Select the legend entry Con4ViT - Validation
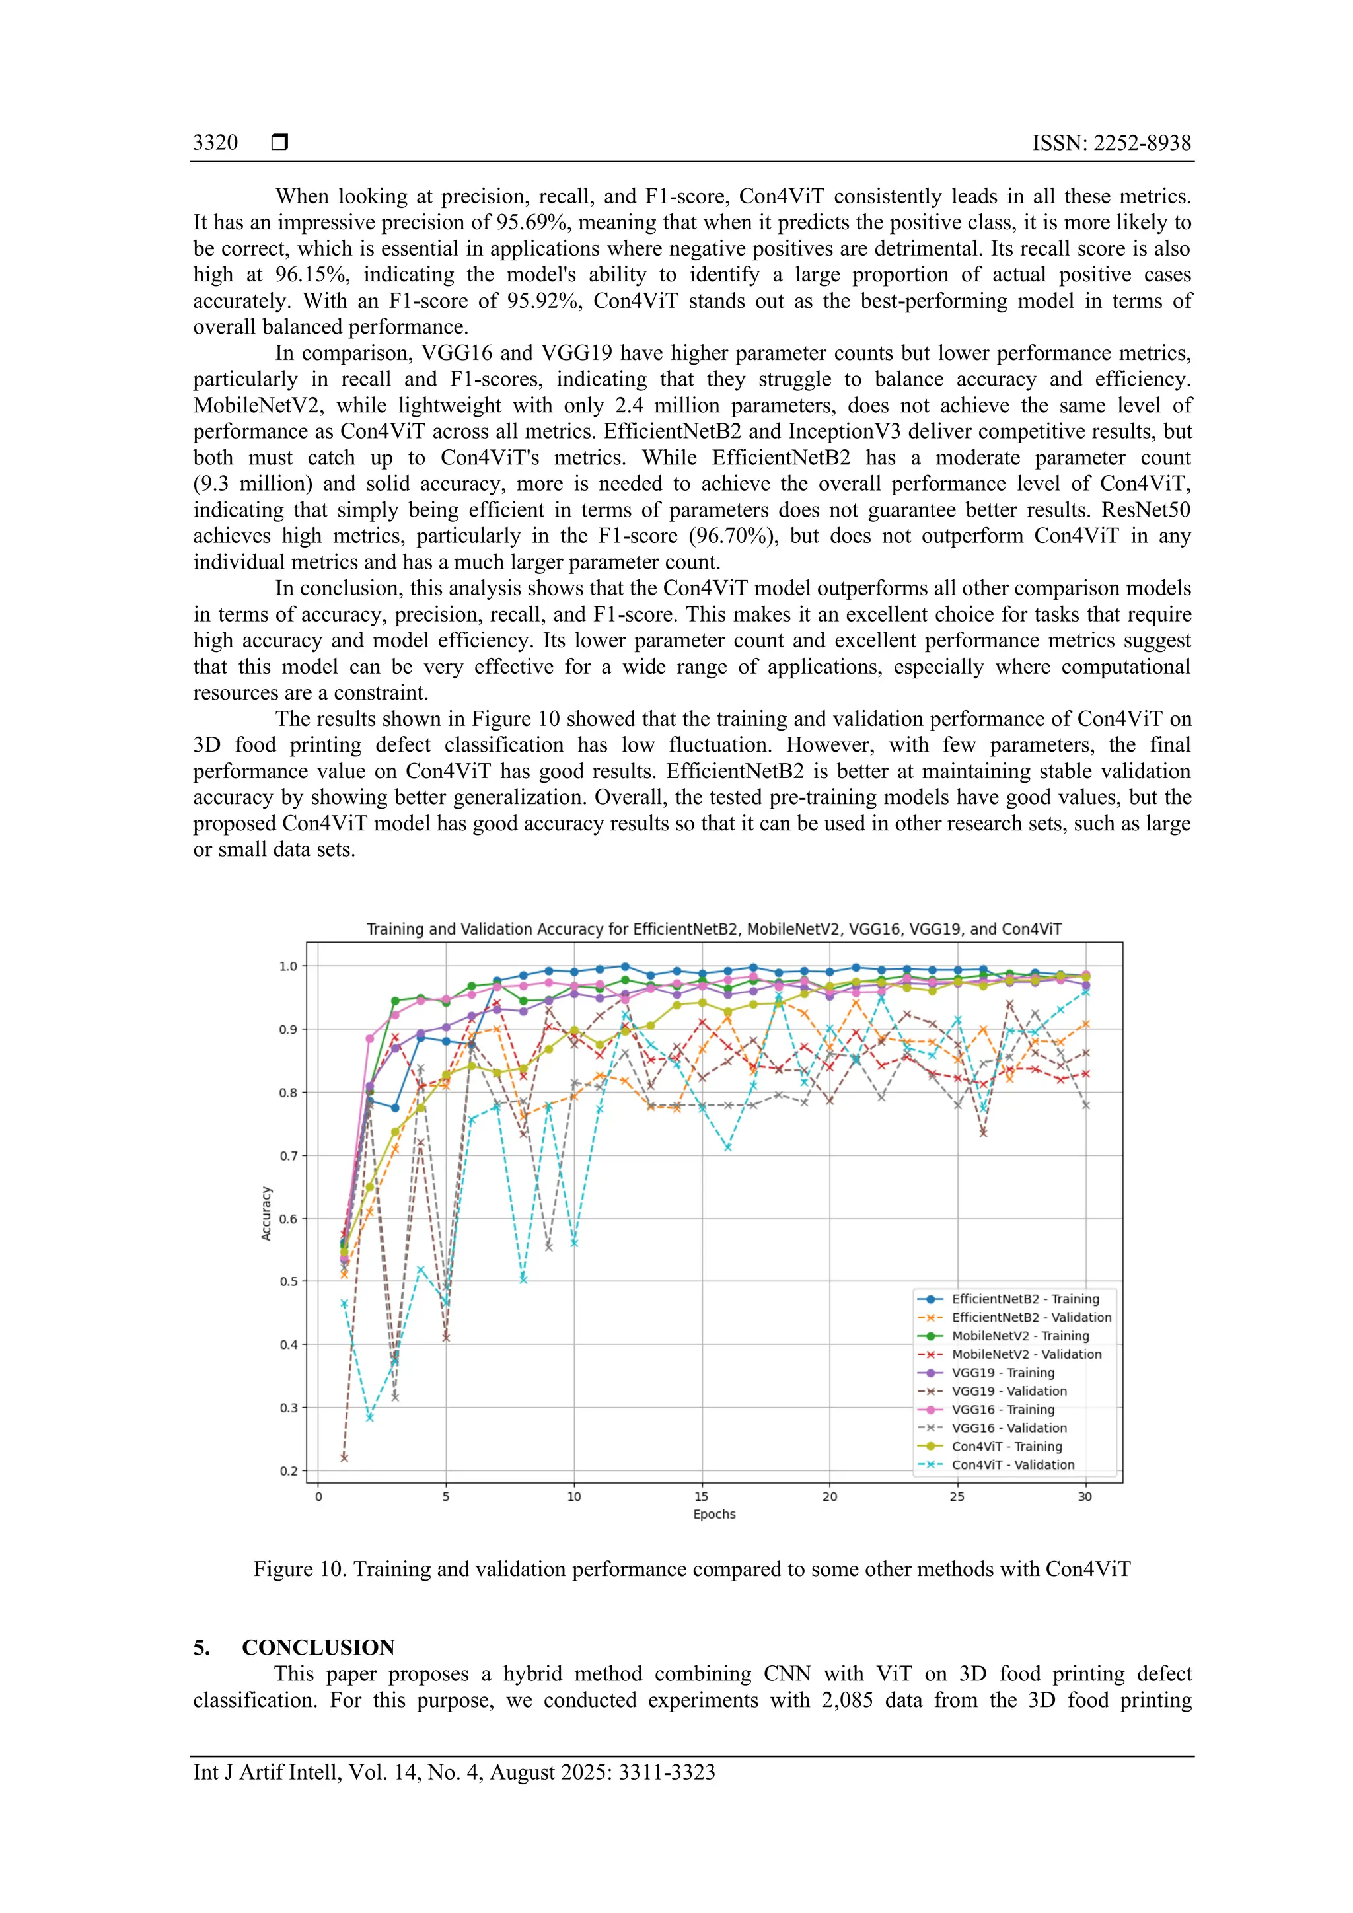coord(1013,1464)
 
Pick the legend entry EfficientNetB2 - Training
coord(1025,1299)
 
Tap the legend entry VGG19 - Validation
coord(1009,1390)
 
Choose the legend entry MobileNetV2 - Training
coord(1020,1336)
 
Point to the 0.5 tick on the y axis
coord(287,1281)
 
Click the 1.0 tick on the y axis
coord(287,966)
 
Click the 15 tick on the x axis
coord(702,1496)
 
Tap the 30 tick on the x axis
coord(1085,1496)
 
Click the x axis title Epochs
coord(714,1514)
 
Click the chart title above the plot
coord(714,929)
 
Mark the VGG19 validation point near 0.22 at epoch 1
coord(344,1457)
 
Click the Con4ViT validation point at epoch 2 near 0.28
coord(370,1418)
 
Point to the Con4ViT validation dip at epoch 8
coord(523,1279)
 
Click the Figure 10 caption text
coord(692,1569)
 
